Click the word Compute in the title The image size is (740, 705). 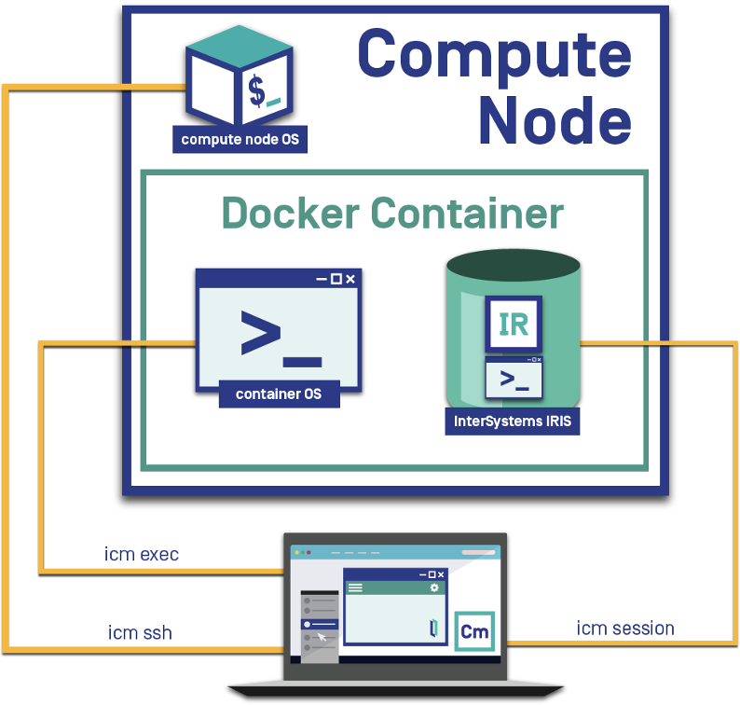494,54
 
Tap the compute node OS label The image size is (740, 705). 240,140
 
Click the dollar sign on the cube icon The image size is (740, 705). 254,90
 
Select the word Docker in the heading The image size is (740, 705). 290,214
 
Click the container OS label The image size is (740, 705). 279,394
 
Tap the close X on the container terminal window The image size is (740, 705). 350,278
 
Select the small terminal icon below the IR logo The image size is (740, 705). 514,379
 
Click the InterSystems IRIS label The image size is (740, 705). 513,421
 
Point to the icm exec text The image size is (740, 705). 142,555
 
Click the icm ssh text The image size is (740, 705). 140,633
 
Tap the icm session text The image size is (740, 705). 625,628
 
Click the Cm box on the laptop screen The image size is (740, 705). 475,632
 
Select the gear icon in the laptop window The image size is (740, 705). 433,587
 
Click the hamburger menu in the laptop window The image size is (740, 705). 355,587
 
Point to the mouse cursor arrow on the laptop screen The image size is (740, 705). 322,637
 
